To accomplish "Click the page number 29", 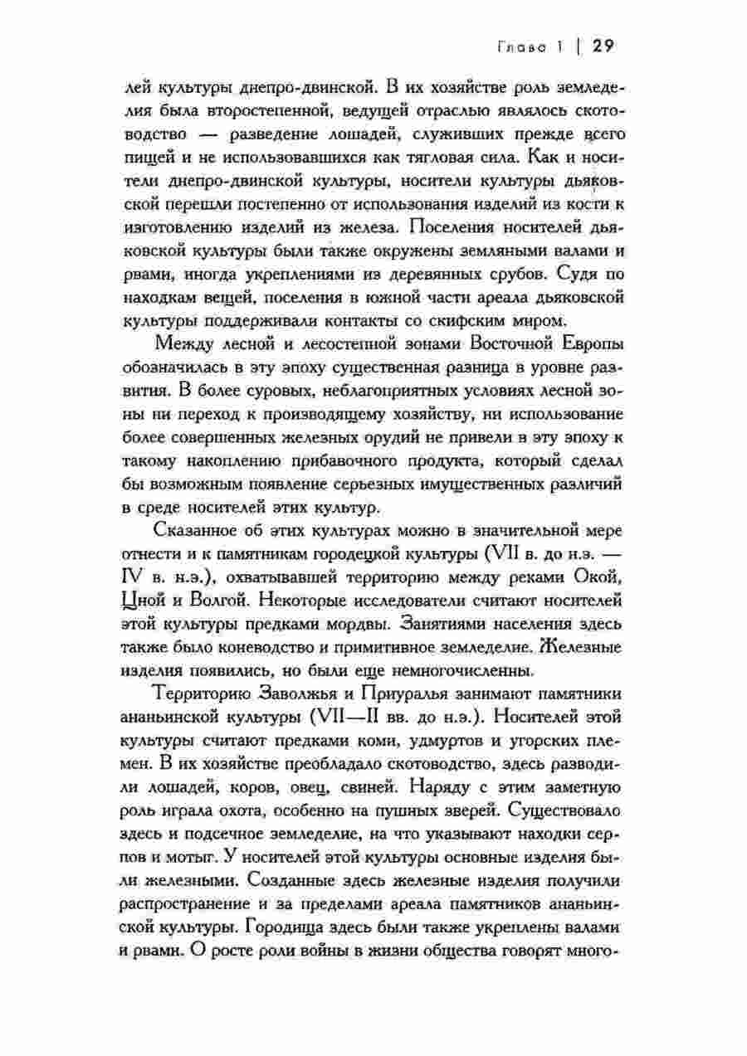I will pos(603,46).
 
